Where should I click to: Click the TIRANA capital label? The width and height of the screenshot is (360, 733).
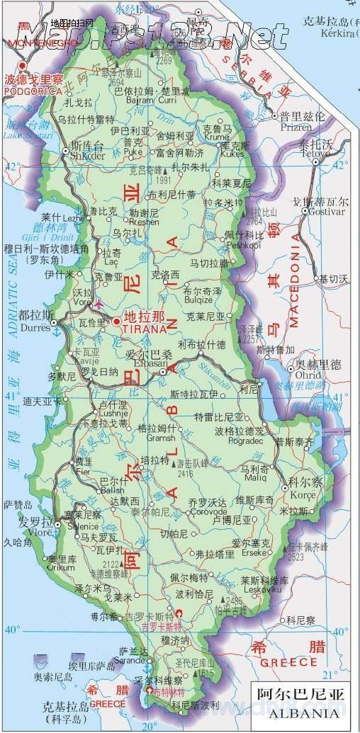point(145,329)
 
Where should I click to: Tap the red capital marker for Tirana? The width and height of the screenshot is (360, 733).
point(116,322)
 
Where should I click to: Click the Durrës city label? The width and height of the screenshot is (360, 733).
point(35,328)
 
